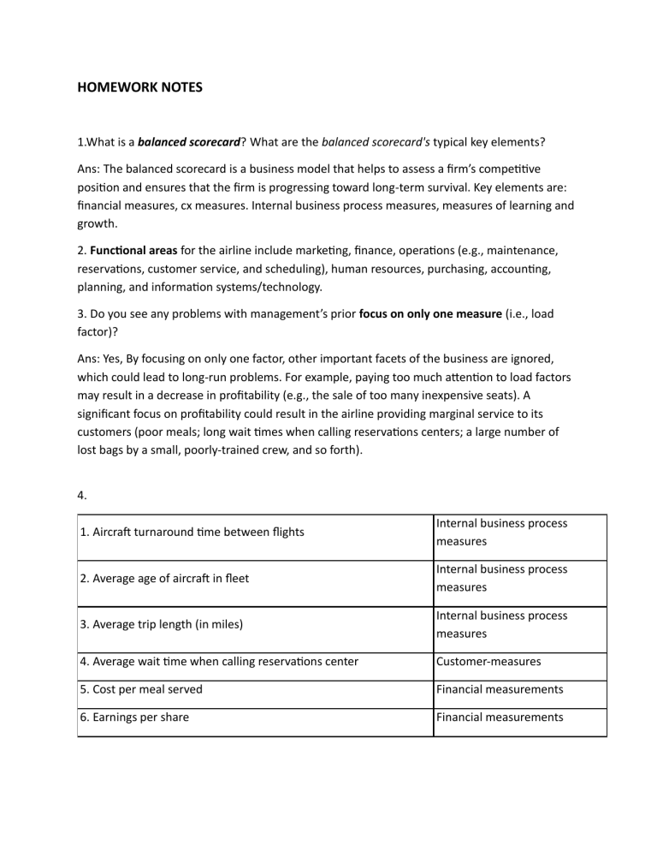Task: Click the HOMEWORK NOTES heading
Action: click(139, 86)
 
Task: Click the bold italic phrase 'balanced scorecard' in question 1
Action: click(187, 141)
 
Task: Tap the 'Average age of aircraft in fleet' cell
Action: click(164, 578)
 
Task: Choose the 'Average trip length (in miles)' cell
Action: click(161, 624)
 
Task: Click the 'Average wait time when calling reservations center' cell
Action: click(218, 661)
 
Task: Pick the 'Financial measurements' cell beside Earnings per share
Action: click(500, 717)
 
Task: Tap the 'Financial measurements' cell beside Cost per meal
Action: click(500, 689)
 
